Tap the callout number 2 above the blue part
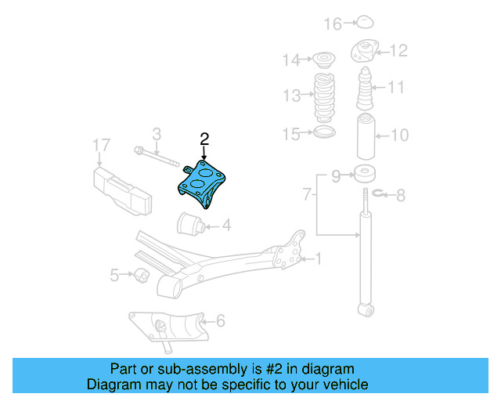click(205, 139)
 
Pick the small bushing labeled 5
click(141, 275)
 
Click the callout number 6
click(221, 320)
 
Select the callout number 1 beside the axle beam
click(318, 258)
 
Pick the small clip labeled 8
click(378, 193)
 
